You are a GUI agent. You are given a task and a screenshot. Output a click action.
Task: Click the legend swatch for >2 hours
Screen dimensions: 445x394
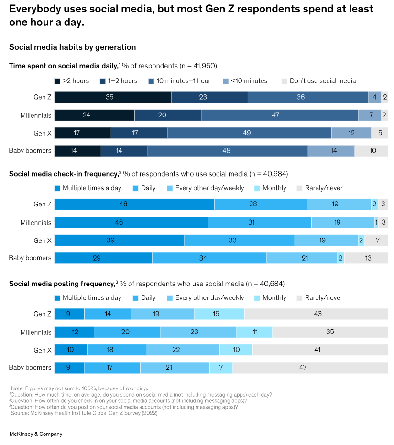pyautogui.click(x=57, y=81)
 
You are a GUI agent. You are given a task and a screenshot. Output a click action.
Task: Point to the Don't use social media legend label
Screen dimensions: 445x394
pyautogui.click(x=323, y=81)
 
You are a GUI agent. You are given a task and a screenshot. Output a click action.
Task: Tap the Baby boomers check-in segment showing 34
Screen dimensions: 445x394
pyautogui.click(x=209, y=258)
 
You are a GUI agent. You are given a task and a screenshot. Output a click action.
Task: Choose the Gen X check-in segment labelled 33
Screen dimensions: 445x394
pyautogui.click(x=239, y=240)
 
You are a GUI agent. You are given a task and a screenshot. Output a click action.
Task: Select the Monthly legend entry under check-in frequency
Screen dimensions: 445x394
pyautogui.click(x=270, y=188)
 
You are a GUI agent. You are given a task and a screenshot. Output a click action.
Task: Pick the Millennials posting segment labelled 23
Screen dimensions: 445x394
pyautogui.click(x=197, y=332)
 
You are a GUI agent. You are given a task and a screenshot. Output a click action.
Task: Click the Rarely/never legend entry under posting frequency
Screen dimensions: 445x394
pyautogui.click(x=319, y=298)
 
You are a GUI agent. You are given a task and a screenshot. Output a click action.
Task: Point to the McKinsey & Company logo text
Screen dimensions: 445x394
pyautogui.click(x=36, y=434)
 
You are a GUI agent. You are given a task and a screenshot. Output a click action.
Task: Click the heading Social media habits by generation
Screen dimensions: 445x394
pyautogui.click(x=73, y=47)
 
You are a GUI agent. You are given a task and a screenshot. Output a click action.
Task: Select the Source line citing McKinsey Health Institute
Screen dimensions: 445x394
pyautogui.click(x=84, y=413)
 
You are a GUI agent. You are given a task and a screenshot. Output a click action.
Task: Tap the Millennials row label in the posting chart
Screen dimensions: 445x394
pyautogui.click(x=36, y=332)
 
